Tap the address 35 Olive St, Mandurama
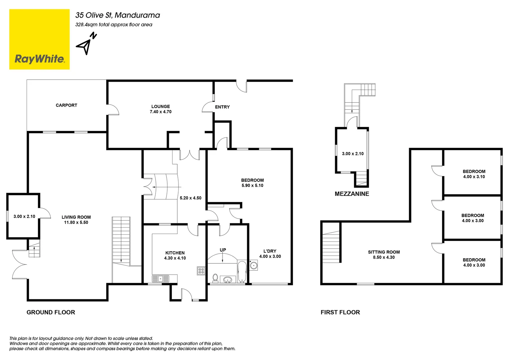[x=118, y=15]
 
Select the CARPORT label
[x=66, y=105]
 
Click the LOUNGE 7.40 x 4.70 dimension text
[x=161, y=112]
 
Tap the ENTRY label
[x=222, y=107]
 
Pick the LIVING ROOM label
[x=76, y=217]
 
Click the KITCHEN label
[x=175, y=253]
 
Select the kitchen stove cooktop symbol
[x=201, y=271]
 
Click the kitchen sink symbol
[x=161, y=278]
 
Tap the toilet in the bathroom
[x=216, y=278]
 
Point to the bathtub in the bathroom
[x=242, y=272]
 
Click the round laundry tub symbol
[x=254, y=266]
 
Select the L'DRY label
[x=270, y=251]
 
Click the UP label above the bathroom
[x=223, y=250]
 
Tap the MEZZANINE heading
[x=352, y=194]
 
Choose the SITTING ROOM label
[x=384, y=252]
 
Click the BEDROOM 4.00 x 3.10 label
[x=474, y=174]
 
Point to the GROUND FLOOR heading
[x=51, y=312]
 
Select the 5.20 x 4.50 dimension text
[x=191, y=198]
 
